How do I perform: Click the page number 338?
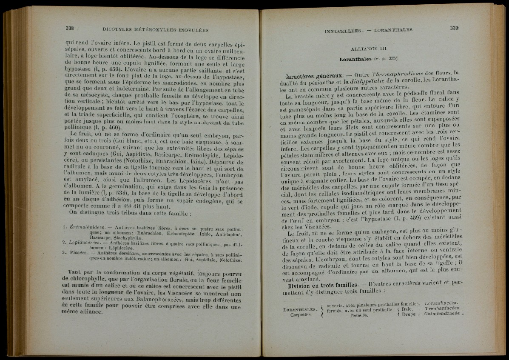70,28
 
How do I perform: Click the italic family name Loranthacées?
438,303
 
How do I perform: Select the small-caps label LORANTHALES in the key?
300,309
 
